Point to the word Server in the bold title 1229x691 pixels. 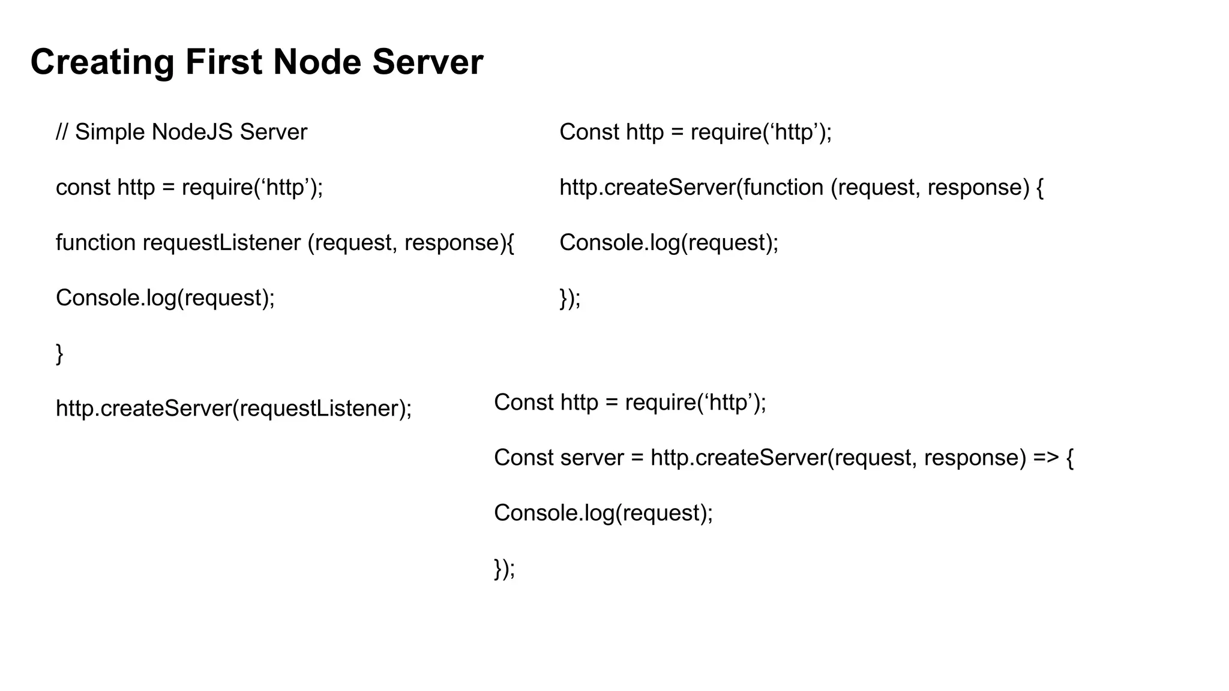pos(427,62)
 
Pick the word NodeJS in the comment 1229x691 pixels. pos(192,132)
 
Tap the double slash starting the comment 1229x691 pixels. pos(62,132)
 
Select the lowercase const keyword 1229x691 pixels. pos(83,188)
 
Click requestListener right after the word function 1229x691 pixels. pos(221,243)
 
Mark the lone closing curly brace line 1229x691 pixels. pos(59,353)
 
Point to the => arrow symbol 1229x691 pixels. pos(1046,458)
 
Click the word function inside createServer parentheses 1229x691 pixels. pos(783,188)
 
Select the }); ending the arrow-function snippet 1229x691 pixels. pos(504,569)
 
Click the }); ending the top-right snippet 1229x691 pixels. pos(570,298)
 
